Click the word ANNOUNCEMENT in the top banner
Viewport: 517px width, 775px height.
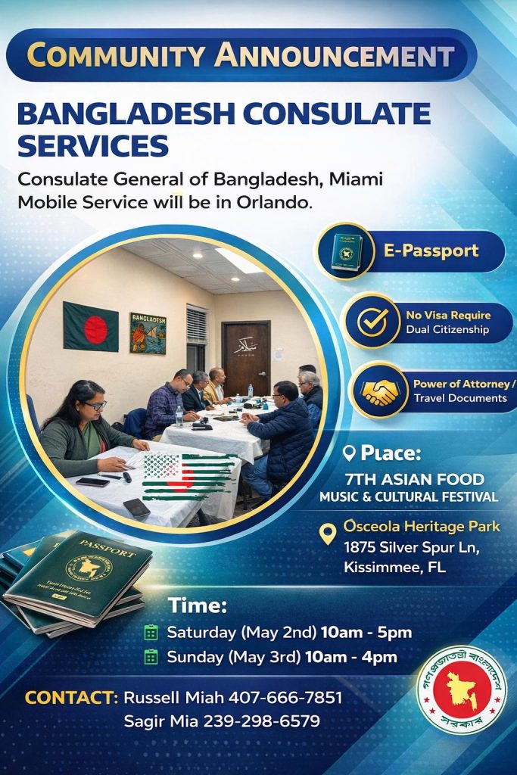coord(334,54)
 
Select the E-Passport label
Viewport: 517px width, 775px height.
coord(431,250)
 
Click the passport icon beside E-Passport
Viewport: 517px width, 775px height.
coord(347,251)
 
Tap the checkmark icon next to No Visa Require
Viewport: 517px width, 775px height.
coord(372,322)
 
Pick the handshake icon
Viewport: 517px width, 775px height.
coord(379,392)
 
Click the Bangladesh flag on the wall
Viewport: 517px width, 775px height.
coord(91,327)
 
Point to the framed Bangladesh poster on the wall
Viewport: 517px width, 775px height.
coord(148,333)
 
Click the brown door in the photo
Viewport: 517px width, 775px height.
coord(246,358)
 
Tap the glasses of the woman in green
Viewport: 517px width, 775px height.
coord(96,406)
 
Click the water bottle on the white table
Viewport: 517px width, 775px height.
coord(179,417)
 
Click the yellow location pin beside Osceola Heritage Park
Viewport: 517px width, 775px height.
coord(327,534)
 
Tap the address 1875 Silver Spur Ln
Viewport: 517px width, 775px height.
coord(413,548)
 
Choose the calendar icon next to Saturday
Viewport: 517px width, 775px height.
coord(151,632)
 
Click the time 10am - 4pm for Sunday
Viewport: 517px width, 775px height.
coord(351,657)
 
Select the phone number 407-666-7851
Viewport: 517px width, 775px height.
coord(285,697)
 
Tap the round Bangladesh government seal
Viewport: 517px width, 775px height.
coord(462,690)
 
